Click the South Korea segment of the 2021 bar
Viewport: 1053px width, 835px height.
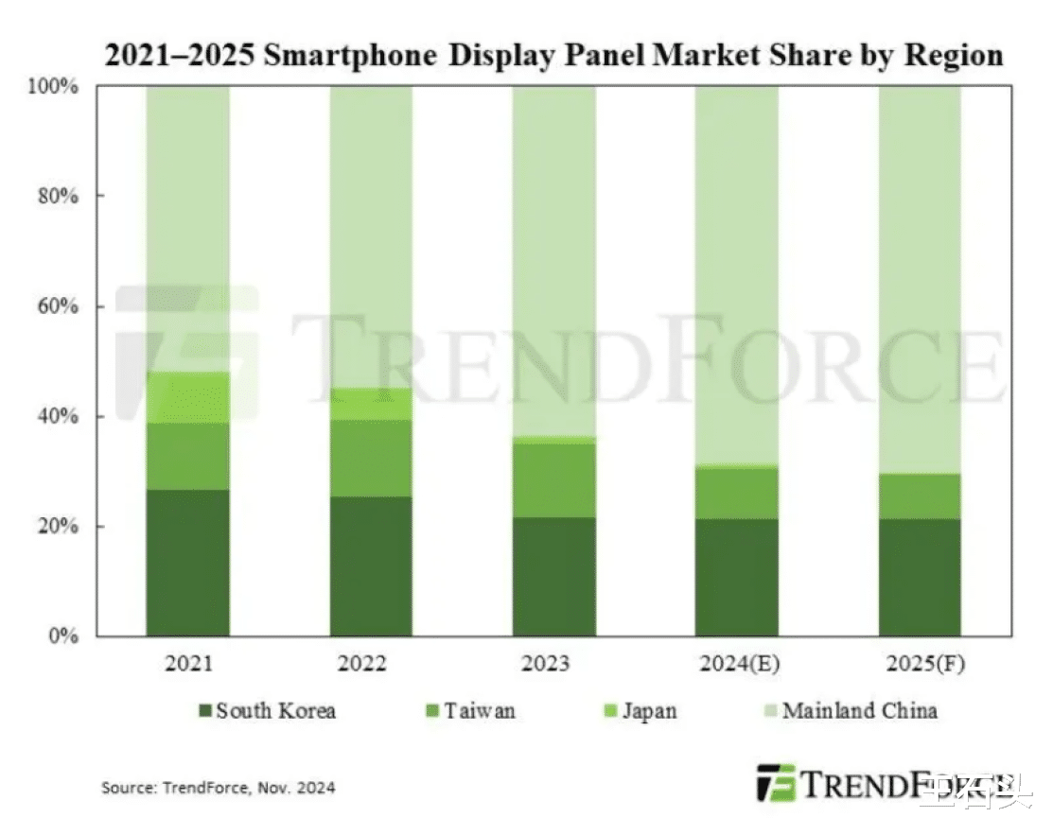187,563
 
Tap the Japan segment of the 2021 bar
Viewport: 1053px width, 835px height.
187,397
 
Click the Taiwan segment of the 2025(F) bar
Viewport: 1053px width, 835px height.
920,496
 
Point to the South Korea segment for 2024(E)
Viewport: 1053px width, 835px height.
737,577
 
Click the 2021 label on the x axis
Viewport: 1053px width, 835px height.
187,664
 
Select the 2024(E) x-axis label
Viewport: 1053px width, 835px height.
739,664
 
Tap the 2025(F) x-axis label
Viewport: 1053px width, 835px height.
921,664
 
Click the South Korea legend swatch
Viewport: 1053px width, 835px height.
203,711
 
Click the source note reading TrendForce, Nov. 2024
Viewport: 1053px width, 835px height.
218,787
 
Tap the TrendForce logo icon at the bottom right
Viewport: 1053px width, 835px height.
776,783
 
